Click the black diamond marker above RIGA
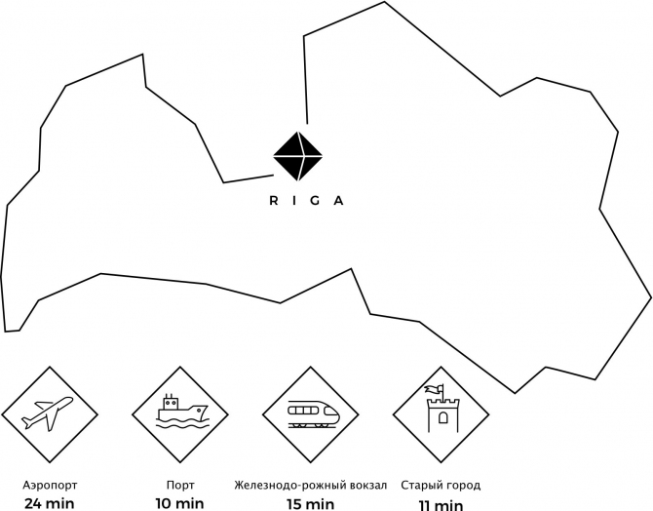coord(298,156)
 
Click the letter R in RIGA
coord(274,201)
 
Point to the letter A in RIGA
coord(339,201)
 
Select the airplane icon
coord(48,413)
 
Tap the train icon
coord(313,414)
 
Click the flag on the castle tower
coord(434,390)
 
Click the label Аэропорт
coord(50,486)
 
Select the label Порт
coord(180,486)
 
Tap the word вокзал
coord(368,486)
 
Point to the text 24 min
coord(50,503)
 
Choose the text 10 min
coord(180,503)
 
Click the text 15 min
coord(311,504)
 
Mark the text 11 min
coord(442,505)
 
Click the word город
coord(461,486)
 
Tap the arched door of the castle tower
coord(443,417)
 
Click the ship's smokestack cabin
coord(171,402)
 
